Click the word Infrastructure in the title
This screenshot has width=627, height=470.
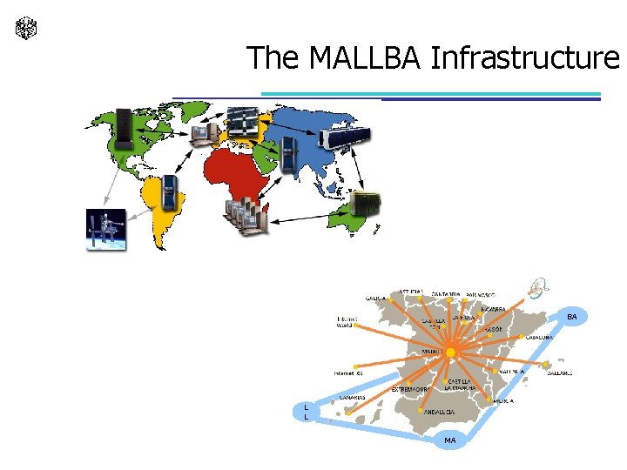point(525,57)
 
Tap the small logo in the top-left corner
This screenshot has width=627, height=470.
point(25,29)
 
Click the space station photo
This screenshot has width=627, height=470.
point(105,230)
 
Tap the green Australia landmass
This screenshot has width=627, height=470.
point(360,218)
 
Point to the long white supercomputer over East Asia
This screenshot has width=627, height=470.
point(346,136)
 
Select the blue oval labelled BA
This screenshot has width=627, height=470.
point(571,318)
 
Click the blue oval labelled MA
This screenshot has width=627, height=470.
point(449,440)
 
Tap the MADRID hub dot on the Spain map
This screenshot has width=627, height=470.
point(450,352)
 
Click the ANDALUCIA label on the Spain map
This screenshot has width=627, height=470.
point(440,413)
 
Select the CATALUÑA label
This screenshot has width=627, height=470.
point(540,338)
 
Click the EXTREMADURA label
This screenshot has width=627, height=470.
point(411,388)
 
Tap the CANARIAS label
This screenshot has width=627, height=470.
point(352,398)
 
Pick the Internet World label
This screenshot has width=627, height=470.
point(345,322)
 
